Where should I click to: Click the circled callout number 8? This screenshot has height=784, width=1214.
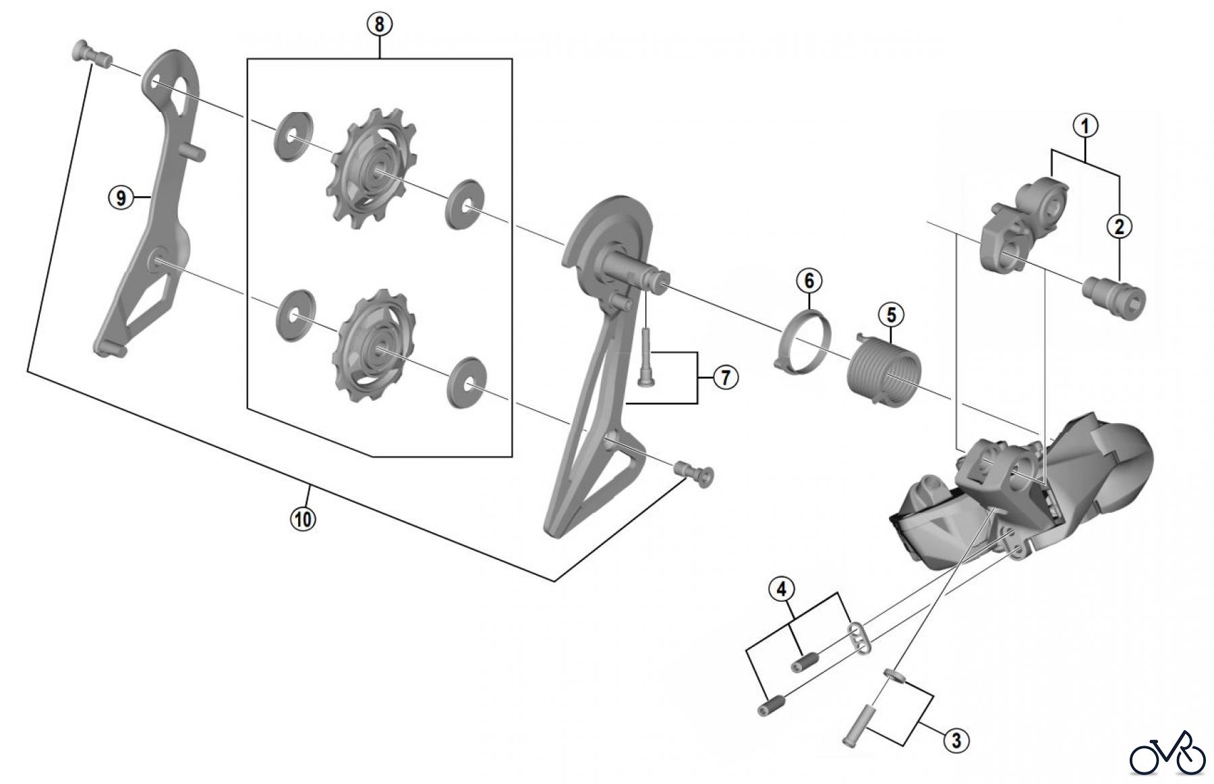click(x=379, y=24)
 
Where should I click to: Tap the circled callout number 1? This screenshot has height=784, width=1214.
click(x=1085, y=125)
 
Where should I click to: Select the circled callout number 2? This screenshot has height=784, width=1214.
click(x=1120, y=227)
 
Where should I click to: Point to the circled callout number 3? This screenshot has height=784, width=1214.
click(x=956, y=740)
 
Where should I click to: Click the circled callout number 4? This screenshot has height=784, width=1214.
click(x=782, y=589)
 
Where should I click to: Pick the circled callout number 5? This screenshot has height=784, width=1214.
click(x=891, y=314)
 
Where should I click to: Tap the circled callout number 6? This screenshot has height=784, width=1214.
click(x=809, y=279)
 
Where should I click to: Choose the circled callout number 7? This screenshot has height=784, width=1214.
click(x=726, y=378)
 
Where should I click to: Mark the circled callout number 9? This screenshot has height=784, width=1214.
click(x=121, y=198)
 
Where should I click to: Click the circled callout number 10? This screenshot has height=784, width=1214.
click(x=303, y=519)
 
